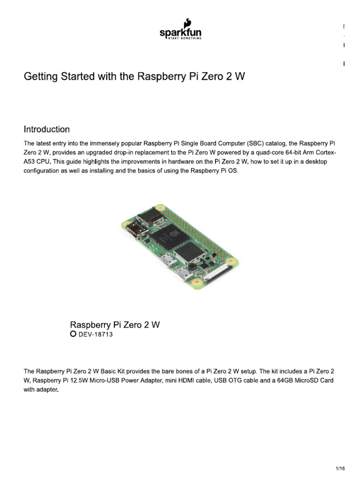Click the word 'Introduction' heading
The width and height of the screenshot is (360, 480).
point(47,129)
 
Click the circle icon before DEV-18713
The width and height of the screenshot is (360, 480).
point(73,334)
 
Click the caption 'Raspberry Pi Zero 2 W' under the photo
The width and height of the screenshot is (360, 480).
point(115,324)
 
